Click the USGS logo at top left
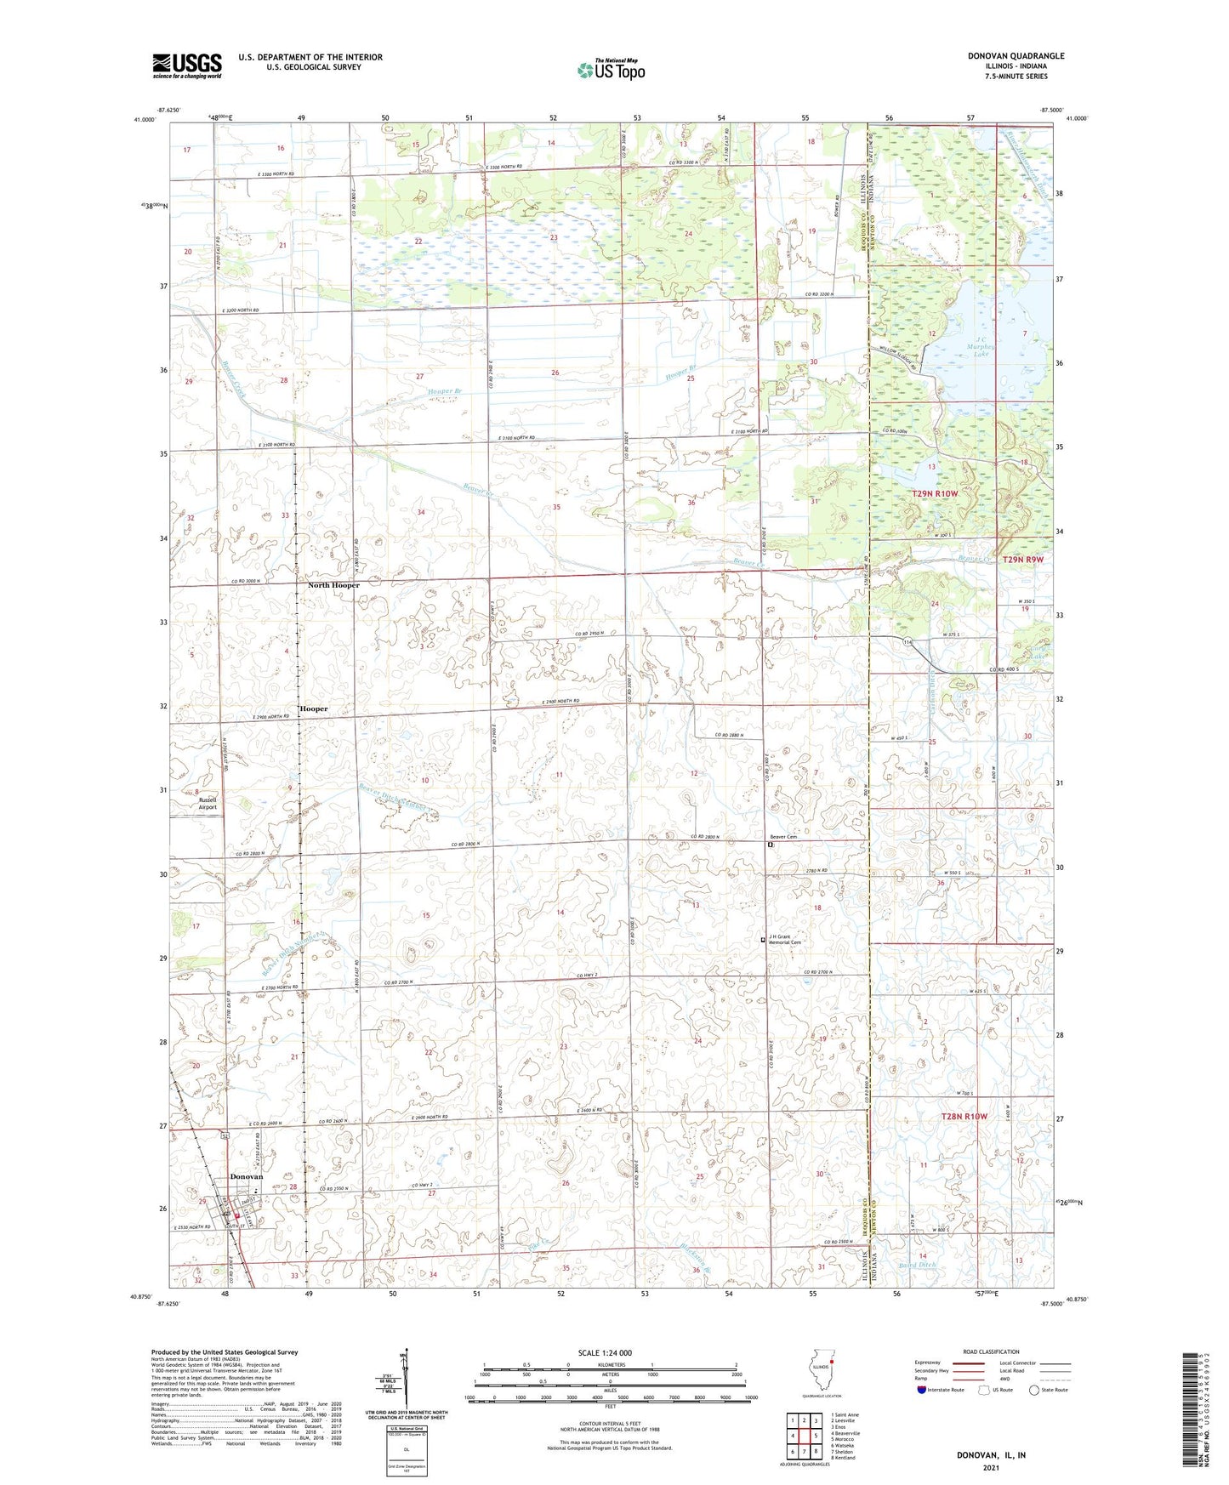187,65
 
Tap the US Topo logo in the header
611,70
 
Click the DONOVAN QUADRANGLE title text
1016,56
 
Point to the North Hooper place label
333,585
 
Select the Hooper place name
313,708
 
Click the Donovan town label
247,1177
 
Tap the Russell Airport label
208,803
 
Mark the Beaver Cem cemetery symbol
770,845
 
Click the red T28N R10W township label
964,1116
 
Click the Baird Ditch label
916,1266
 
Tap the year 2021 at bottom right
990,1467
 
